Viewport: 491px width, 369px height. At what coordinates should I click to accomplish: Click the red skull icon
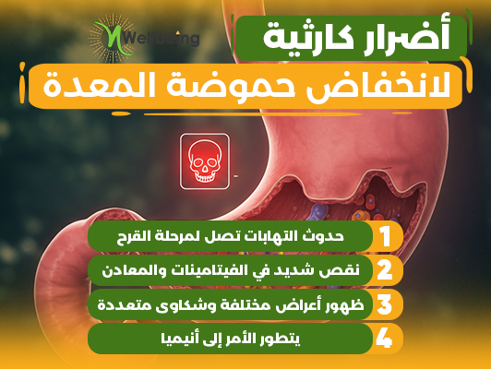coord(205,161)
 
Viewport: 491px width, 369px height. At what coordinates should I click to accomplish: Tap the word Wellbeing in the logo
coord(162,39)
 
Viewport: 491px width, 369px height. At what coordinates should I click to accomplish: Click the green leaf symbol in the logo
coord(114,38)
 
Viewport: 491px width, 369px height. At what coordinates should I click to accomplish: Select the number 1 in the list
coord(386,236)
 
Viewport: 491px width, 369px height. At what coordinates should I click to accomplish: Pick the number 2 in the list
coord(385,270)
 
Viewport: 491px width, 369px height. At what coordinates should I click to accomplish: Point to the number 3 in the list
coord(385,304)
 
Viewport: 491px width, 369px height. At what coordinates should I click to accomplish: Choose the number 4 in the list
coord(384,339)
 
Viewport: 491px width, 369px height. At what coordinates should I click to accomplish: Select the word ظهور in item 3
coord(346,304)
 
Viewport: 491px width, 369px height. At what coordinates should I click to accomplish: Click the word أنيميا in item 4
coord(177,339)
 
